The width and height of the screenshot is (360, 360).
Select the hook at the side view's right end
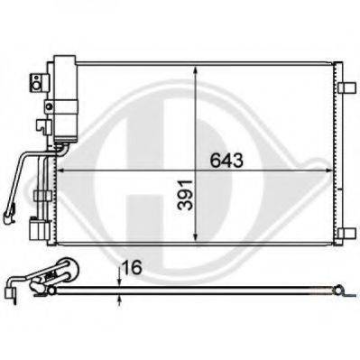341,291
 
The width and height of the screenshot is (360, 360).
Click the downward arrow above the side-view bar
121,272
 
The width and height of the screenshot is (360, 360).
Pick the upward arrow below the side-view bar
121,301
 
